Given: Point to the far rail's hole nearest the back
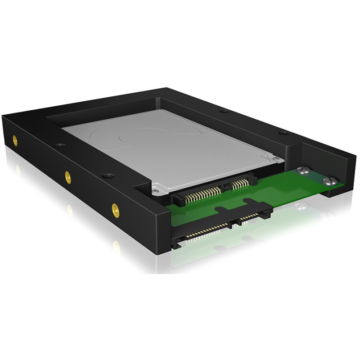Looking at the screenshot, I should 224,111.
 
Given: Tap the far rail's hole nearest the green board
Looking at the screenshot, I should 282,133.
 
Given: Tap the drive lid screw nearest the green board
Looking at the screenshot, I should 272,158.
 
